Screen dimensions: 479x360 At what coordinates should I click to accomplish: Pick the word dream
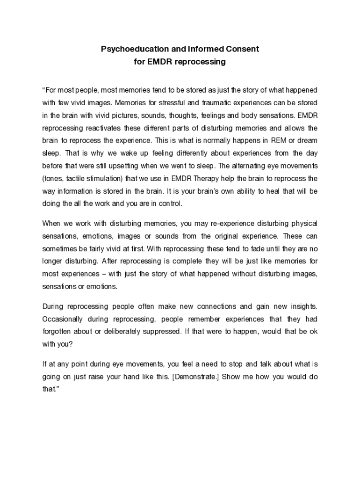(x=306, y=140)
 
